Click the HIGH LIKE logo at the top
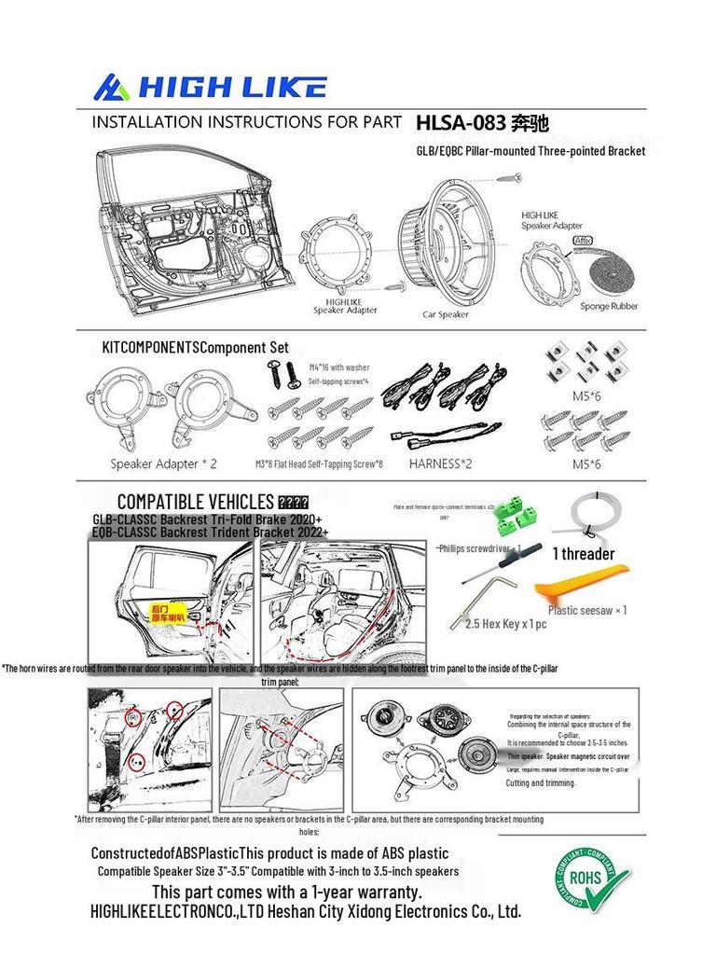(x=210, y=88)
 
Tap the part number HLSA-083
(x=461, y=122)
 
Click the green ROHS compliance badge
(x=592, y=879)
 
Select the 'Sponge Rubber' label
(x=609, y=306)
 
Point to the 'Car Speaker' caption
(x=446, y=314)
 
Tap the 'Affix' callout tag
(x=583, y=240)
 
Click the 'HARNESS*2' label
(x=441, y=463)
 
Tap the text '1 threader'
(x=584, y=554)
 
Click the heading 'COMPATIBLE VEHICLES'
(x=196, y=502)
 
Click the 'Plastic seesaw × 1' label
(x=587, y=611)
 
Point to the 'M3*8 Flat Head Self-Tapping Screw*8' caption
(x=319, y=464)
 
